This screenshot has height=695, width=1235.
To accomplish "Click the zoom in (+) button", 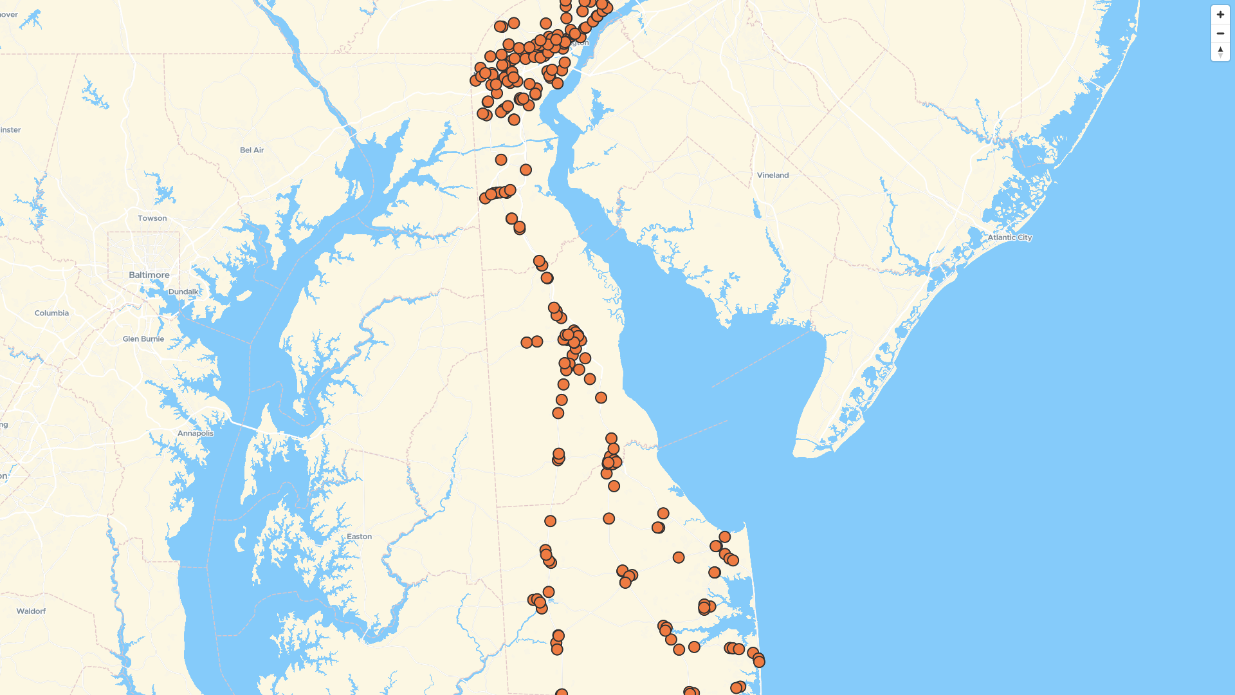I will pyautogui.click(x=1220, y=15).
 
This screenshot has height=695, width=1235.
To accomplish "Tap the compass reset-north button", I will pyautogui.click(x=1220, y=52).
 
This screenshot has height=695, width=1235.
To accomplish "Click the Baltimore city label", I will pyautogui.click(x=149, y=275).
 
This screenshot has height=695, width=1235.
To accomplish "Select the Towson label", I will pyautogui.click(x=152, y=218).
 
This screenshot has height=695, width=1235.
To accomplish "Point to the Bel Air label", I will pyautogui.click(x=252, y=150).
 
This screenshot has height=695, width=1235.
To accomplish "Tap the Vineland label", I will pyautogui.click(x=773, y=175).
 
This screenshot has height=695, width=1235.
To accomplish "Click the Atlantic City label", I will pyautogui.click(x=1009, y=237).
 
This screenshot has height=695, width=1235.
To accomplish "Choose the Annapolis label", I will pyautogui.click(x=196, y=433).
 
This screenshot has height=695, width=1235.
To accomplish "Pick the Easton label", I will pyautogui.click(x=359, y=537).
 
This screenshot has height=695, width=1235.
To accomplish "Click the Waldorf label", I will pyautogui.click(x=31, y=611).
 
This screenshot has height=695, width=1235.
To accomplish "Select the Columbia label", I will pyautogui.click(x=51, y=313).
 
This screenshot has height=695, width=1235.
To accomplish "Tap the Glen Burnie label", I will pyautogui.click(x=143, y=339).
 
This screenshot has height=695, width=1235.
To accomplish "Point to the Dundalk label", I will pyautogui.click(x=183, y=292).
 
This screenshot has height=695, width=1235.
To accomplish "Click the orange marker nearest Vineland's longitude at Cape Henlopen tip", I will pyautogui.click(x=725, y=537).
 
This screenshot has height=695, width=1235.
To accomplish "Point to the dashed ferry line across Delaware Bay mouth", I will pyautogui.click(x=691, y=434).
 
